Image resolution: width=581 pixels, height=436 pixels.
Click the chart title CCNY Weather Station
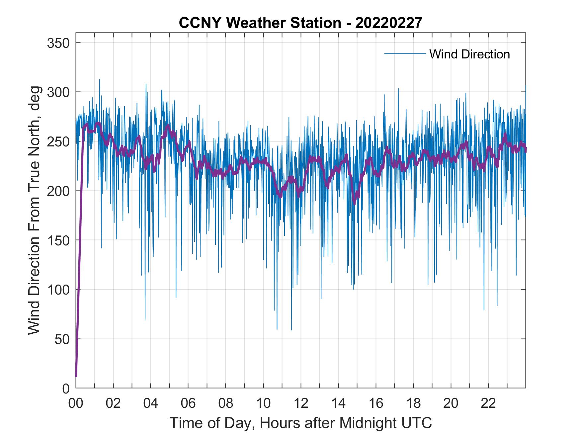260,23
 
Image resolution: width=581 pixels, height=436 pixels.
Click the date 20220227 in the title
389,23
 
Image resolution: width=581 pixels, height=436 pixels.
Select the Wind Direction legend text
469,54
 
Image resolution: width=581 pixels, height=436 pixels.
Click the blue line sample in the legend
405,54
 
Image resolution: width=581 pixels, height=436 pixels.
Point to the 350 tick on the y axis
59,43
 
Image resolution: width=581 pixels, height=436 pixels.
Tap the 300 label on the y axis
59,92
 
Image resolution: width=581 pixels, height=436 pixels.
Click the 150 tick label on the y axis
59,240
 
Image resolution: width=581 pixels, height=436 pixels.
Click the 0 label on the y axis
66,388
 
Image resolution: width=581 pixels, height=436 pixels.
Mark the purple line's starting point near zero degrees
76,376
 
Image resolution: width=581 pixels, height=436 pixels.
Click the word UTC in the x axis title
416,423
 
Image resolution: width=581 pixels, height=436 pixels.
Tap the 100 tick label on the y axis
59,290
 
